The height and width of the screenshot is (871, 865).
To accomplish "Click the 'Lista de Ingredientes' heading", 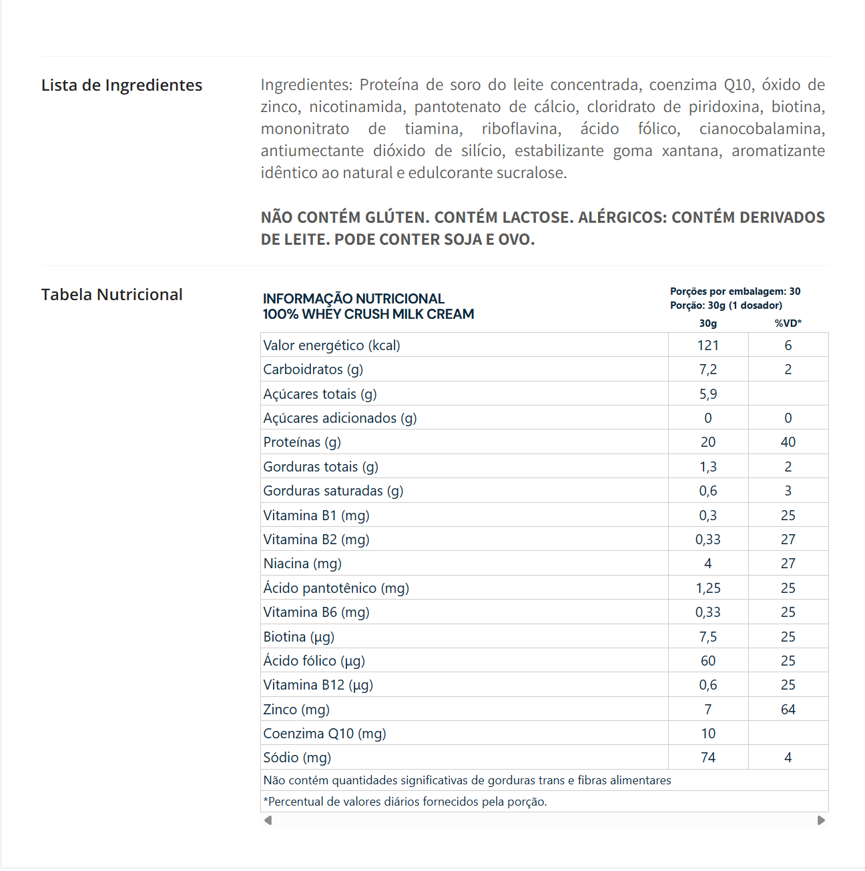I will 121,85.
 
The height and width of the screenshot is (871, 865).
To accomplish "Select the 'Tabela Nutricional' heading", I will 111,295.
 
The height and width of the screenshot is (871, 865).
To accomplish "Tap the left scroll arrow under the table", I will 268,820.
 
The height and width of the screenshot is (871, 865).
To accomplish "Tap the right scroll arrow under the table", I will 821,820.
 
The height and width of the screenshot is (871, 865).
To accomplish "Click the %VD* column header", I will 788,323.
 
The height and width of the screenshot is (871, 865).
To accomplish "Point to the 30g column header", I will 707,323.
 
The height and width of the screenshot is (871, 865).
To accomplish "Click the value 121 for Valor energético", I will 707,345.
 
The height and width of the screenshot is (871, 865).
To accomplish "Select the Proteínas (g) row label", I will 302,442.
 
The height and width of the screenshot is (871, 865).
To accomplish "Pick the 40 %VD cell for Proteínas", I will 788,442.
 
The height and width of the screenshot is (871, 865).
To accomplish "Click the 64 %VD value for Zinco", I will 788,710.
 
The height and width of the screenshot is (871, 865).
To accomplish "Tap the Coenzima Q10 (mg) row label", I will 324,734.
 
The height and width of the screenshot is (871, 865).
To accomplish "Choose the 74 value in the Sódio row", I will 707,758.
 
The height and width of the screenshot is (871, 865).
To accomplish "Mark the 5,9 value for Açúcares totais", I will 707,394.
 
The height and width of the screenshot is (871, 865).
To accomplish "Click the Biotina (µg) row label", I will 298,637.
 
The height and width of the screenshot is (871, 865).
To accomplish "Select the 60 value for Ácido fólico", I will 707,661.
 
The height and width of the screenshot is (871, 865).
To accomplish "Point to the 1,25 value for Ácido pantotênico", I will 707,588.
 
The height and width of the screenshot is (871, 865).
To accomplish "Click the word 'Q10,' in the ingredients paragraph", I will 738,85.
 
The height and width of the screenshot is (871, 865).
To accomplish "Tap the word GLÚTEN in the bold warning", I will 396,217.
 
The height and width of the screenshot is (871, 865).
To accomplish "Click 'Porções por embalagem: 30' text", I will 735,291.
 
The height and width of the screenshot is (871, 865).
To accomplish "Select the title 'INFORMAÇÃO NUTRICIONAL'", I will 353,299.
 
